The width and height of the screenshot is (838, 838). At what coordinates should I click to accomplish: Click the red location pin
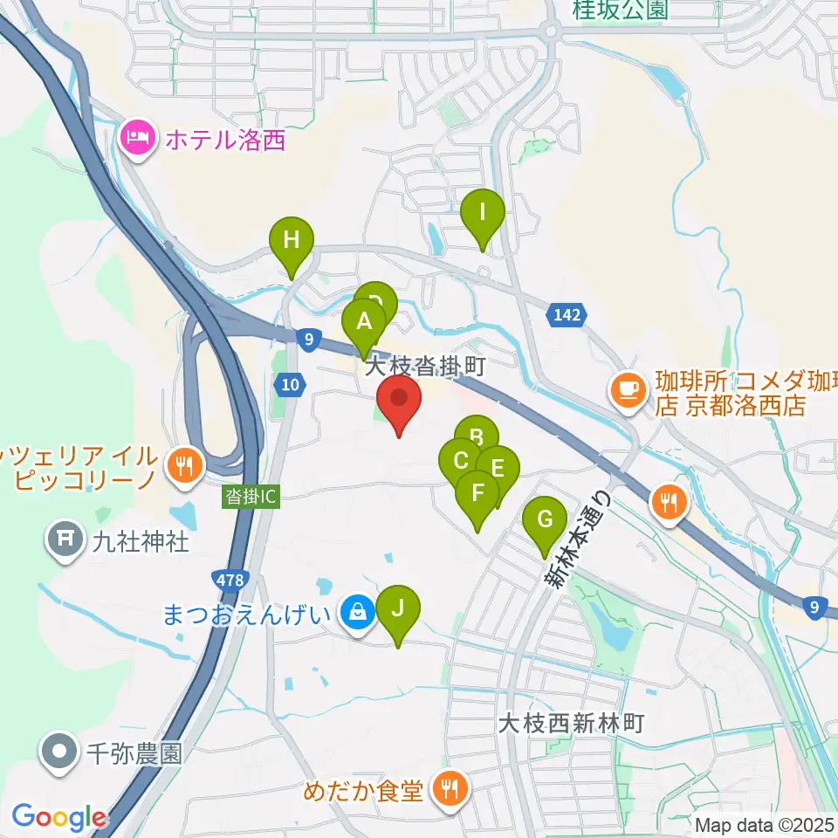coord(399,401)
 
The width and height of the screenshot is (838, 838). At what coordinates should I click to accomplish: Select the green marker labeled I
coord(483,214)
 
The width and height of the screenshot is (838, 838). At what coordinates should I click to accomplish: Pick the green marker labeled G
coord(544,522)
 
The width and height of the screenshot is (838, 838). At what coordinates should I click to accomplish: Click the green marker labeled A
coord(364,323)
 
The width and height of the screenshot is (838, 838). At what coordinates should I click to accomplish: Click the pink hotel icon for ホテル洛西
coord(138,138)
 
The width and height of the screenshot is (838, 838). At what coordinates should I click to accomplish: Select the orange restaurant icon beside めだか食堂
coord(450,791)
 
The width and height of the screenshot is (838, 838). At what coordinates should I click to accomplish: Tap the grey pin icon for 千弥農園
coord(59,752)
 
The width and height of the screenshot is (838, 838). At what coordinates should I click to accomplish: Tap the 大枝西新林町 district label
coord(571,724)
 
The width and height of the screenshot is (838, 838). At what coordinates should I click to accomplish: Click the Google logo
coord(58,818)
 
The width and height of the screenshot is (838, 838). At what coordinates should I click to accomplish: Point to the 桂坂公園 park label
coord(620,10)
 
